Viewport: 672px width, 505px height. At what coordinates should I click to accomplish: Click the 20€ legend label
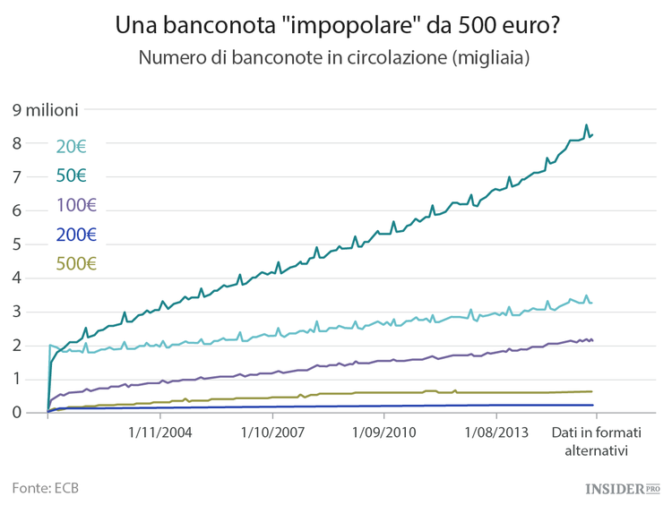tap(71, 147)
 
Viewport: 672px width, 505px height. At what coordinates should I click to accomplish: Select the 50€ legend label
tap(71, 175)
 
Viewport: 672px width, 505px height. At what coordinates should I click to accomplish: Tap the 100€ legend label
tap(76, 205)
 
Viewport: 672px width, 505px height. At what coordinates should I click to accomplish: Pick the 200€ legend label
tap(76, 235)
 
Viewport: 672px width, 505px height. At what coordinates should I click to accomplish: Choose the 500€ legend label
tap(76, 263)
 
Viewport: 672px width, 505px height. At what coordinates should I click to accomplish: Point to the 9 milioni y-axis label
tap(46, 110)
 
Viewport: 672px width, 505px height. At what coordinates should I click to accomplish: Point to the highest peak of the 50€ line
tap(586, 125)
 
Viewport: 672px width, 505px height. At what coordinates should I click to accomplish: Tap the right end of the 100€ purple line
tap(592, 339)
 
